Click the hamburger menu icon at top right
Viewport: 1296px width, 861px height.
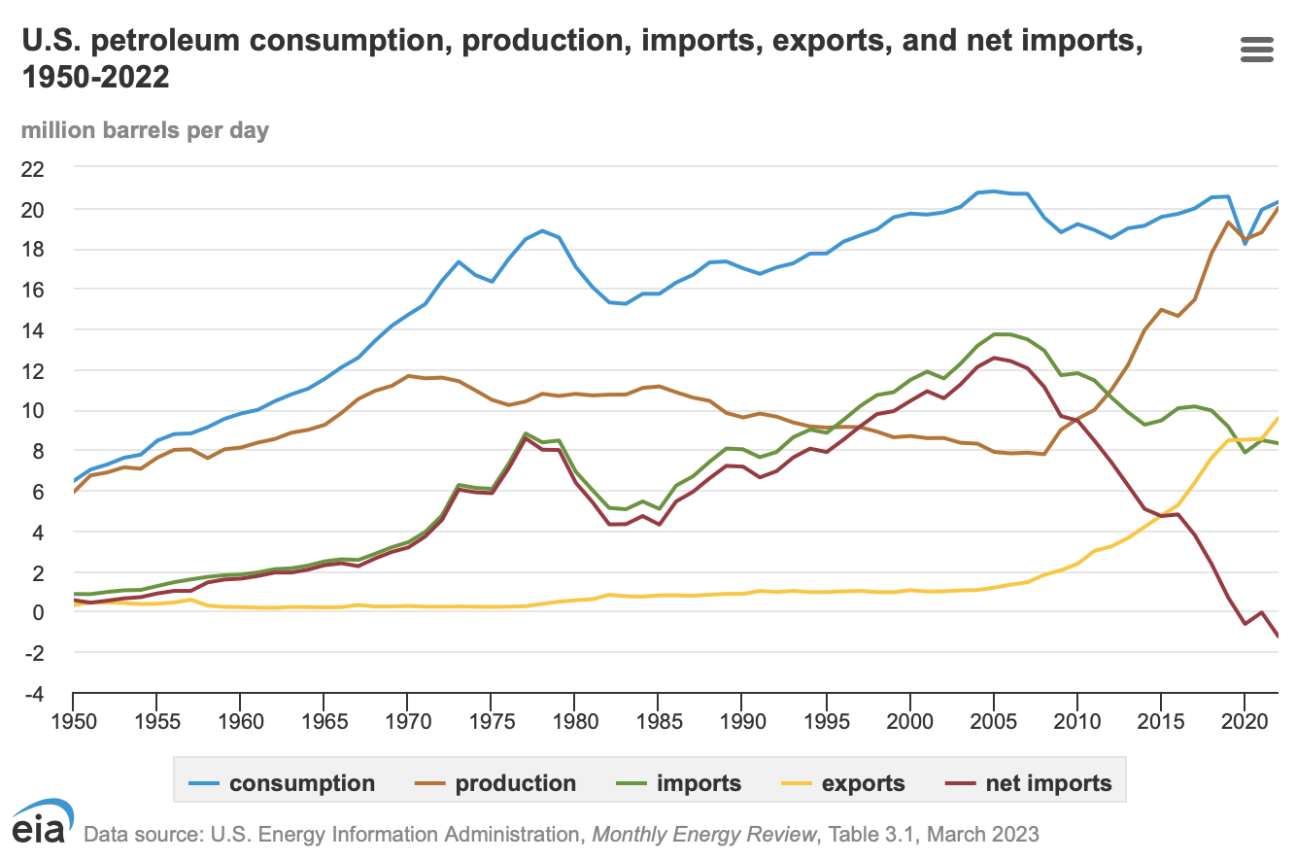1257,51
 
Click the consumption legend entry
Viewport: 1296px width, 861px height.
288,784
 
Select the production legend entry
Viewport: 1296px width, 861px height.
500,784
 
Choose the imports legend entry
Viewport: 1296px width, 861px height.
684,784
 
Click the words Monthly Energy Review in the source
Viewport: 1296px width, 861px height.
705,834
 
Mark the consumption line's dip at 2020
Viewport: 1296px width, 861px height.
1245,244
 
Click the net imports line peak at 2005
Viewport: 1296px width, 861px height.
993,358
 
